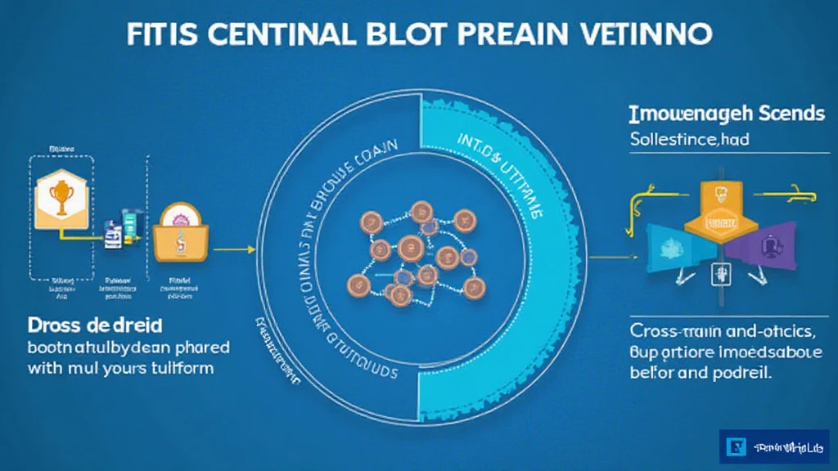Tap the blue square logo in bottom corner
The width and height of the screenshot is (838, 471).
point(736,447)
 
